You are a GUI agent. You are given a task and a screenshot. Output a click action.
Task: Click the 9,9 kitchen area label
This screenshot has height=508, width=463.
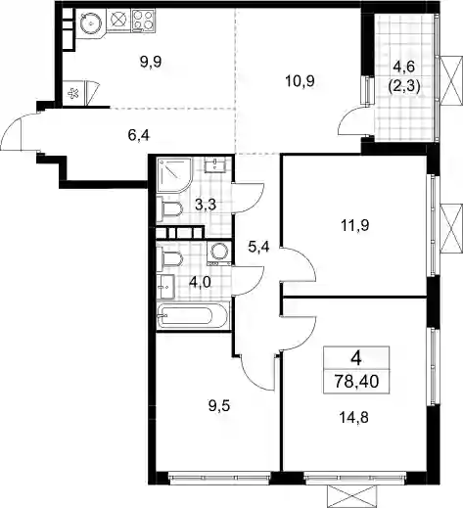(151, 62)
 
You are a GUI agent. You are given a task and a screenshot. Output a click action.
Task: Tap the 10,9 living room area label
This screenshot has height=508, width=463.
(300, 81)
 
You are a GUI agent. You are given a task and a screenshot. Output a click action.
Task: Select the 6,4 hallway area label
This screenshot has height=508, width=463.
(139, 135)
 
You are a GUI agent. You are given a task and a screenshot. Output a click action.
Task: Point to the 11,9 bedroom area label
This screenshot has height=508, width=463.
(355, 225)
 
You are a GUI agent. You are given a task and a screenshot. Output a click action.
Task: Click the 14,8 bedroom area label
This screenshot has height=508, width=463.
(354, 417)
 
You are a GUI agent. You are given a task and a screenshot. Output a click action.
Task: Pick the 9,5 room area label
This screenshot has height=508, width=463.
(219, 406)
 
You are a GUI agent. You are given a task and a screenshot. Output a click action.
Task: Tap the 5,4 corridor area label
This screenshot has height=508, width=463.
(258, 247)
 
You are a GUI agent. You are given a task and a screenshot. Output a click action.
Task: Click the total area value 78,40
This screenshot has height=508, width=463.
(356, 381)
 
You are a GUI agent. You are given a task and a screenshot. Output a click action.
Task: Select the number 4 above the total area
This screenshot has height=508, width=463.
(356, 358)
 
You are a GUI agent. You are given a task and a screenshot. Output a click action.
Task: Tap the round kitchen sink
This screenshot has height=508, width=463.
(91, 23)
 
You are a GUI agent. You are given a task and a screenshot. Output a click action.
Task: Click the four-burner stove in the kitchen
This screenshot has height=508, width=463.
(144, 20)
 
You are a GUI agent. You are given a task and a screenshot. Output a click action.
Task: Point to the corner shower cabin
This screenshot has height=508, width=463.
(174, 175)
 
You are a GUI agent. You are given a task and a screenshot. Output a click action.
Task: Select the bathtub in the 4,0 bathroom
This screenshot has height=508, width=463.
(193, 316)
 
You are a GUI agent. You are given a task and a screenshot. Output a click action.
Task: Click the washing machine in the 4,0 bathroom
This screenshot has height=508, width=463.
(219, 253)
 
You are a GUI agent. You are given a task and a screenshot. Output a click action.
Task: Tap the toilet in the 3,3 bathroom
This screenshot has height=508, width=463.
(169, 209)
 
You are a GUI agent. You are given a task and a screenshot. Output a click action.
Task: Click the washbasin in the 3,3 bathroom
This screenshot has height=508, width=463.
(214, 164)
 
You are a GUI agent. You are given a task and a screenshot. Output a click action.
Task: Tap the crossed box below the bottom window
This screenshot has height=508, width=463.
(351, 495)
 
